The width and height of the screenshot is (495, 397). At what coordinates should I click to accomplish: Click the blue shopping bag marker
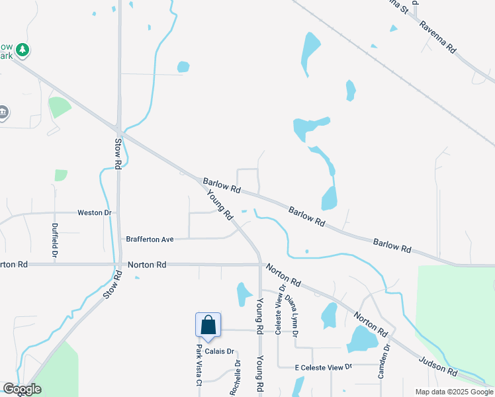point(208,326)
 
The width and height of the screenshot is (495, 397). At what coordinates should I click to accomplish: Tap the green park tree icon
point(22,50)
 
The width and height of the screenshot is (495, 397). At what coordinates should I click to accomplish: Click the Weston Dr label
point(95,212)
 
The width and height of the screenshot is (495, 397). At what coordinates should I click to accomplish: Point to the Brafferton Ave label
point(150,238)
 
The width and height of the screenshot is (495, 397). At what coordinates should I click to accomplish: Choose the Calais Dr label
point(220,351)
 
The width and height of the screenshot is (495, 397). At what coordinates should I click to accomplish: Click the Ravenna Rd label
point(437,36)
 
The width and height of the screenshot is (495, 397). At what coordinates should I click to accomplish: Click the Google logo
point(22,389)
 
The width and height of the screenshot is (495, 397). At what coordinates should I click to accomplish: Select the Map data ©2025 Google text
point(454,392)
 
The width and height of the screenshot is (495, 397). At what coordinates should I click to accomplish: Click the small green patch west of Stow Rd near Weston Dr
point(61,175)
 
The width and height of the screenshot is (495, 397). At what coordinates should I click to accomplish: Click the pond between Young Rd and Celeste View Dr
point(243,294)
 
